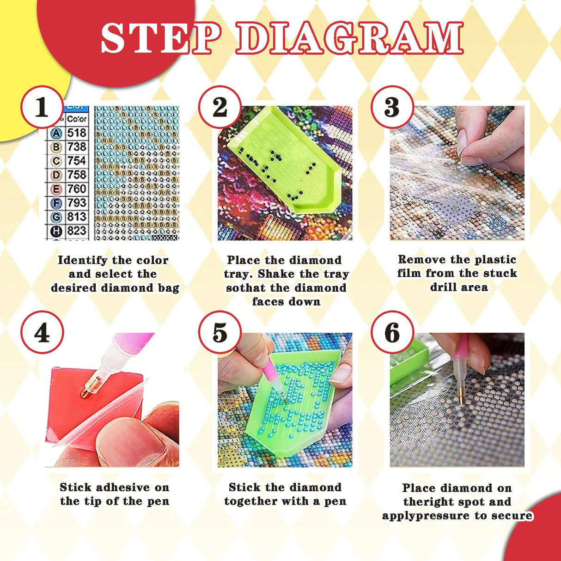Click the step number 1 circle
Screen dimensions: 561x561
coord(42,107)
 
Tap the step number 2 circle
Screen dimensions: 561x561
coord(220,107)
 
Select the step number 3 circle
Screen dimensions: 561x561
coord(392,107)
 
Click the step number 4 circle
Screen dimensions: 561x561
coord(42,333)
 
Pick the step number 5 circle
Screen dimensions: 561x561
coord(220,333)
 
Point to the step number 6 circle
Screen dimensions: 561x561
coord(392,333)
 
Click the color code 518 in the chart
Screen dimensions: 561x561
coord(77,133)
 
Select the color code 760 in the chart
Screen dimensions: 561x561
coord(77,189)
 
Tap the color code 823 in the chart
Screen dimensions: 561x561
coord(77,231)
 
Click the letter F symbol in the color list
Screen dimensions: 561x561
coord(56,203)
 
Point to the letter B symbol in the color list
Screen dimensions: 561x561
coord(56,147)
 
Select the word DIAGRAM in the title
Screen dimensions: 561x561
coord(350,38)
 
